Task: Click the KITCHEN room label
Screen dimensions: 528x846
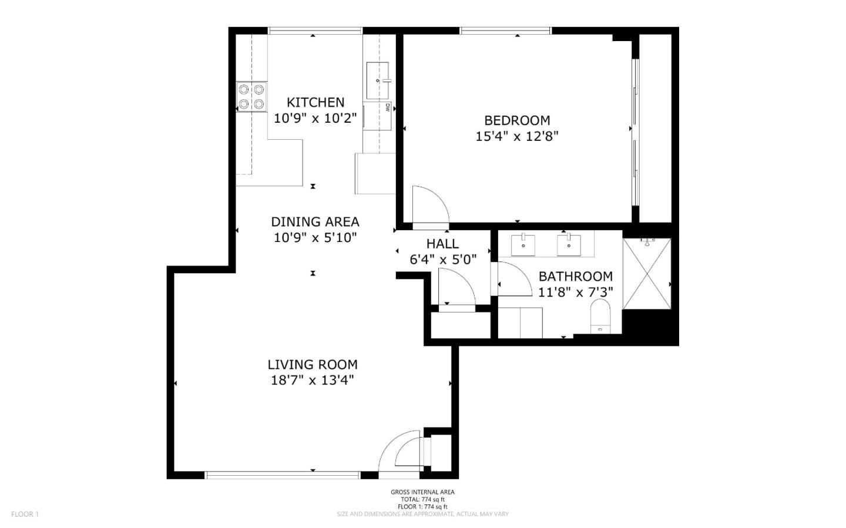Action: (315, 102)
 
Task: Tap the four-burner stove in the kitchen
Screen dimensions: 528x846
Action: (251, 97)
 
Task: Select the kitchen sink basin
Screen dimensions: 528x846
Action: (377, 80)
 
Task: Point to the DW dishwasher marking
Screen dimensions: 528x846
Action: (388, 107)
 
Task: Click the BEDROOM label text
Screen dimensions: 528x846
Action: (517, 120)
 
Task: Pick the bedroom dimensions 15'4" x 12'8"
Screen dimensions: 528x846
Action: (517, 136)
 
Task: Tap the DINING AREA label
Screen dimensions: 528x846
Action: (315, 222)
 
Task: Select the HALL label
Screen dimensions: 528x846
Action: (442, 244)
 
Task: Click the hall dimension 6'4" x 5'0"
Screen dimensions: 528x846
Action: (442, 259)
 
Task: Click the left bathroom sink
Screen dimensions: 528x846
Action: (523, 245)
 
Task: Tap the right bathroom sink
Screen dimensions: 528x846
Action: (569, 245)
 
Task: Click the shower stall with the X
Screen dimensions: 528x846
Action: (646, 273)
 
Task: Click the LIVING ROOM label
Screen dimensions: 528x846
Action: (313, 365)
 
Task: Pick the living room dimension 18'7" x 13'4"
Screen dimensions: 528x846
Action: (313, 380)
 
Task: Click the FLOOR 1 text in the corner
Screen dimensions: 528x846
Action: (25, 514)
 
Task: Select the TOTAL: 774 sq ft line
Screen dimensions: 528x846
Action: (422, 499)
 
